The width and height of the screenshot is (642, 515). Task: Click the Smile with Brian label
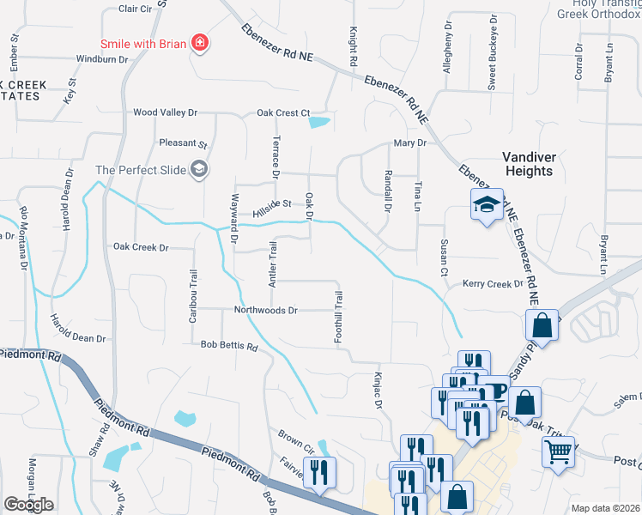(x=143, y=43)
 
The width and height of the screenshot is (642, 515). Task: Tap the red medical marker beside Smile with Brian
(x=200, y=42)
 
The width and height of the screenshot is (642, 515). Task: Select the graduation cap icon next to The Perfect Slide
(x=199, y=169)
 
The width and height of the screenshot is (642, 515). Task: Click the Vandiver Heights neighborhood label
(x=528, y=164)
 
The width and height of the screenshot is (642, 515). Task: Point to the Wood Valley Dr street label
(x=165, y=112)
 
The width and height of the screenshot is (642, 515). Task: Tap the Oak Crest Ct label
(x=282, y=112)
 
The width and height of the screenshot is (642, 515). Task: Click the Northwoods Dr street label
(x=266, y=310)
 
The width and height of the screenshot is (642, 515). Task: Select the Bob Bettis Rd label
(x=229, y=347)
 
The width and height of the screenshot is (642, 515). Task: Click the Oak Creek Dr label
(x=142, y=246)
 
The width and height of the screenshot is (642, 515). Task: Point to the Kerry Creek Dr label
(x=492, y=283)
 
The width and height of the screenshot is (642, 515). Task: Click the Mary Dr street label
(x=409, y=143)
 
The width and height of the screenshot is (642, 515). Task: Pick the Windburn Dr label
(x=101, y=59)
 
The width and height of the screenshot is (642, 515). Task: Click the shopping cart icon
(x=558, y=451)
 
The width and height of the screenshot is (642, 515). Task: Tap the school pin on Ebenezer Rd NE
(x=486, y=205)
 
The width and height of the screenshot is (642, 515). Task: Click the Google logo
(x=28, y=505)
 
